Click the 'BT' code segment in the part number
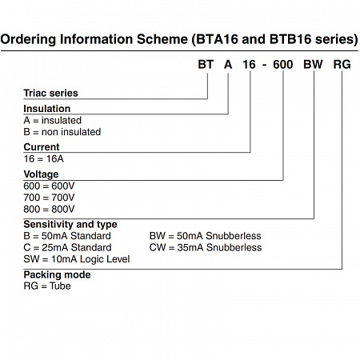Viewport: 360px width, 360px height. pos(206,65)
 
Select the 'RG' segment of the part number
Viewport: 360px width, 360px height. pos(342,65)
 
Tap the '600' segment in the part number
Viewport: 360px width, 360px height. pos(283,65)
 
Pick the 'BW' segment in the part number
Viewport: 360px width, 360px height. pos(313,65)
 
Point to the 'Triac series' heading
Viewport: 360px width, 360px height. pos(50,93)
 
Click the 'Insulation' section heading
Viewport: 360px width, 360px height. pos(47,109)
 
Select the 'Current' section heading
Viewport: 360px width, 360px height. pos(42,147)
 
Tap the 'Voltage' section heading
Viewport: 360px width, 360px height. pos(41,174)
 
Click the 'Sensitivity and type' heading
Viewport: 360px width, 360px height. pos(70,225)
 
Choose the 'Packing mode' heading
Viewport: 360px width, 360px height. pos(57,274)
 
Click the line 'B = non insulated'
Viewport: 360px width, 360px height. pos(62,132)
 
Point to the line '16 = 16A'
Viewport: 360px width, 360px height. pos(44,158)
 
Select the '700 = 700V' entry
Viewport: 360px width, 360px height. pos(49,198)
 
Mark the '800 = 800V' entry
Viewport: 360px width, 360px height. pos(49,209)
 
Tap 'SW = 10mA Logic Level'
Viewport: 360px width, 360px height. pos(77,259)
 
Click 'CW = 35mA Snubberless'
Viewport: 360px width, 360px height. pos(206,247)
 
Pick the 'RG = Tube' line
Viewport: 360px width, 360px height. pos(47,286)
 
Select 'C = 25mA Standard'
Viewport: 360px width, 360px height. pos(67,247)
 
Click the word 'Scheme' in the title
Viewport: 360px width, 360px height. pos(162,39)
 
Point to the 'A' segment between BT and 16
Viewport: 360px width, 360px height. pos(228,65)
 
